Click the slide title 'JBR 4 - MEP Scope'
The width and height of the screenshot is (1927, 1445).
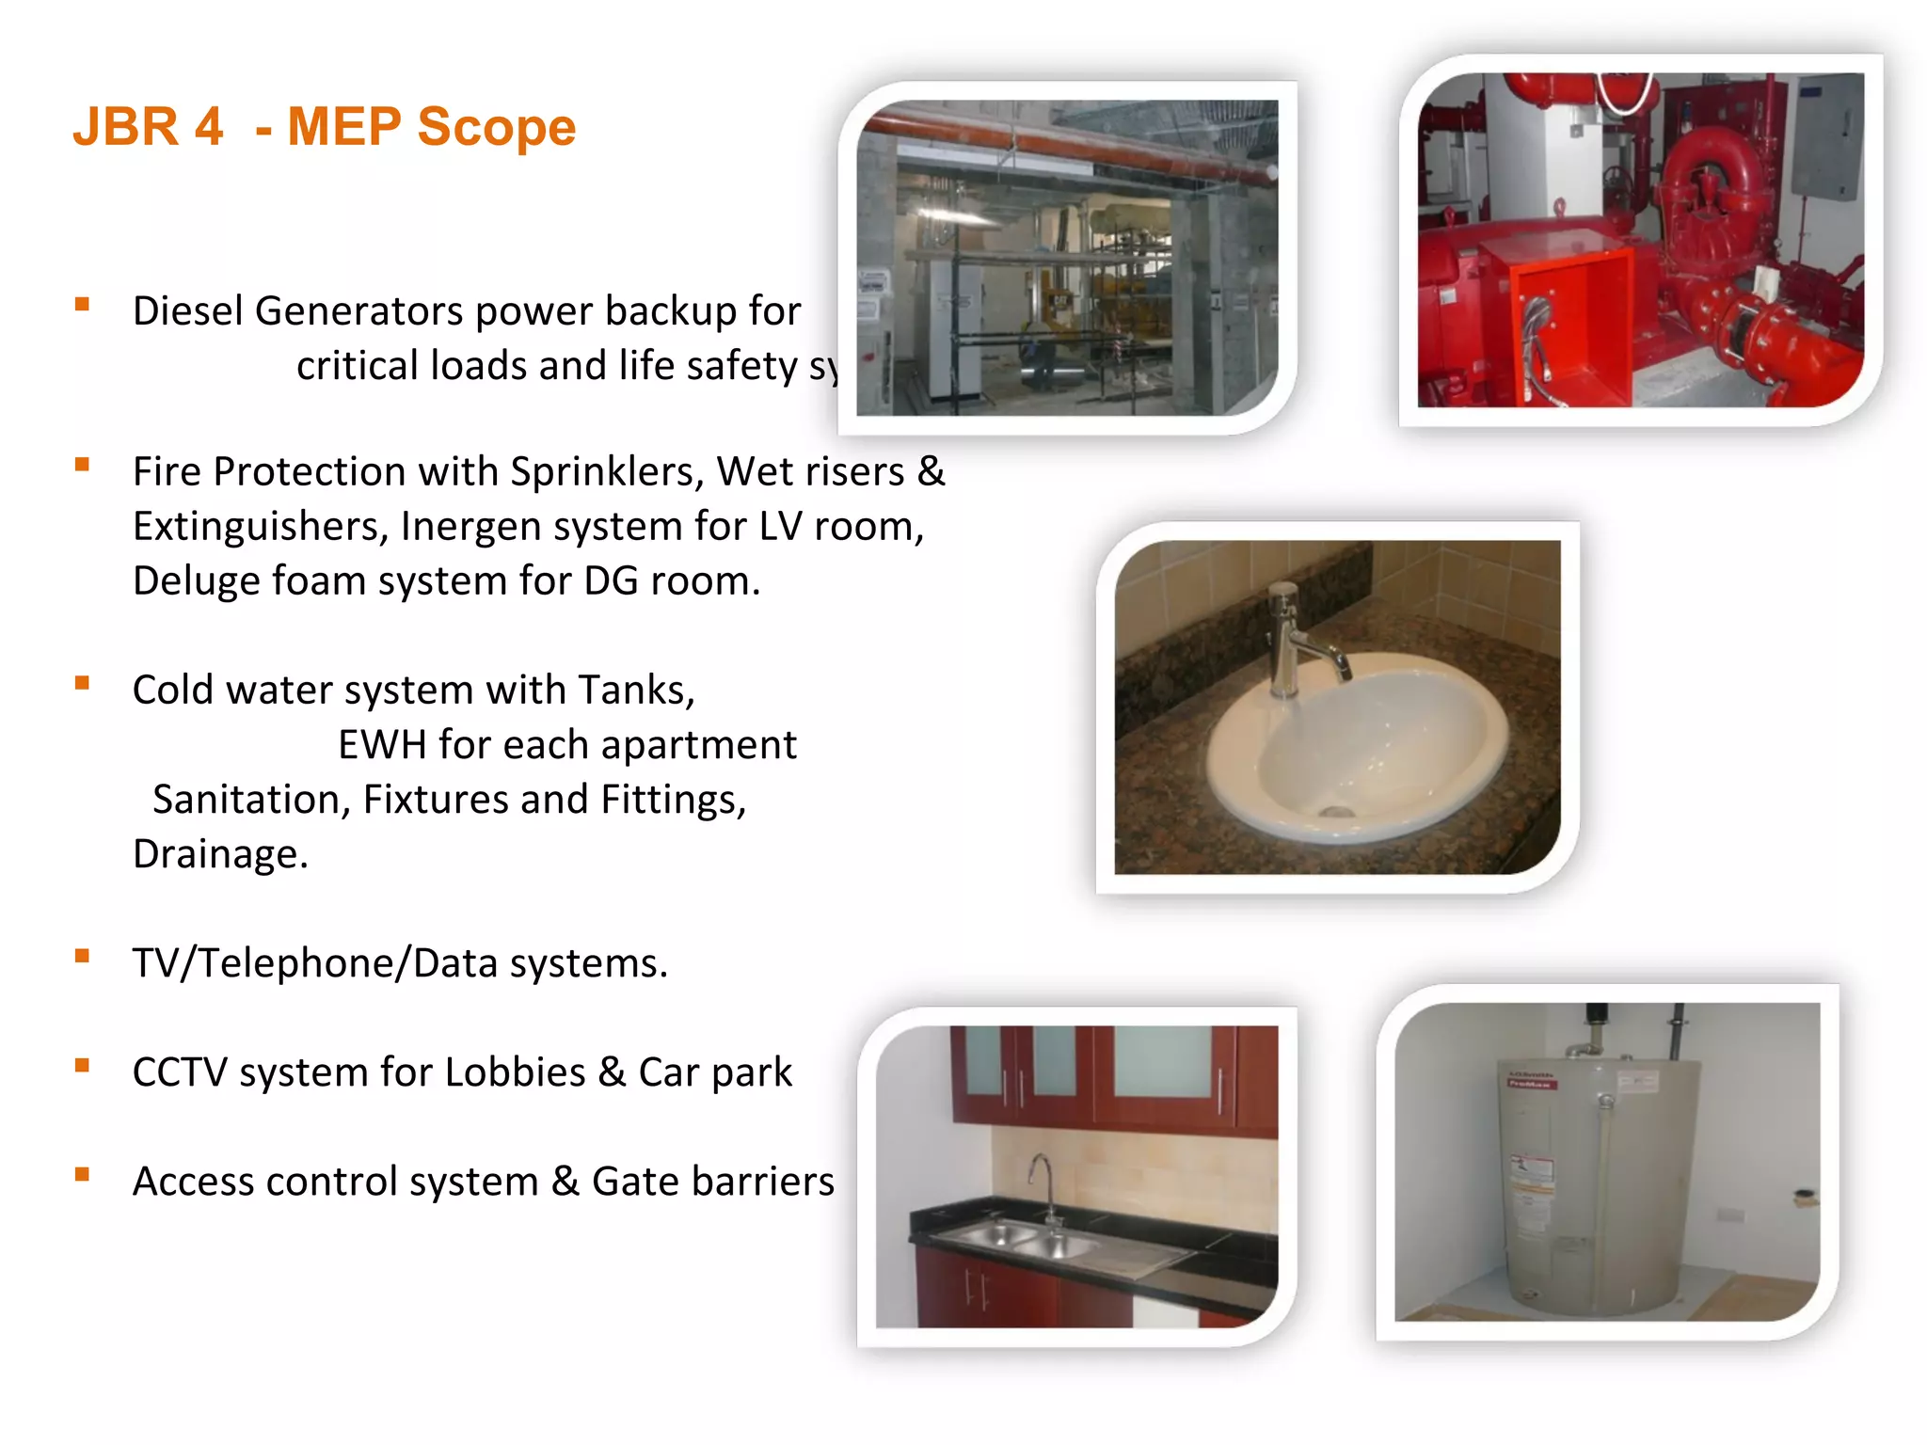[x=324, y=127]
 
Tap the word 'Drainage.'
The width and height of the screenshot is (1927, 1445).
[x=220, y=854]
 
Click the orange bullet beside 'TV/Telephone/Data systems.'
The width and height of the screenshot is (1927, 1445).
[x=83, y=957]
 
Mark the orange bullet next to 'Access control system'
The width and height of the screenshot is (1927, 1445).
[x=83, y=1175]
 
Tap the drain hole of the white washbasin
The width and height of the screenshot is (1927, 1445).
[x=1335, y=811]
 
